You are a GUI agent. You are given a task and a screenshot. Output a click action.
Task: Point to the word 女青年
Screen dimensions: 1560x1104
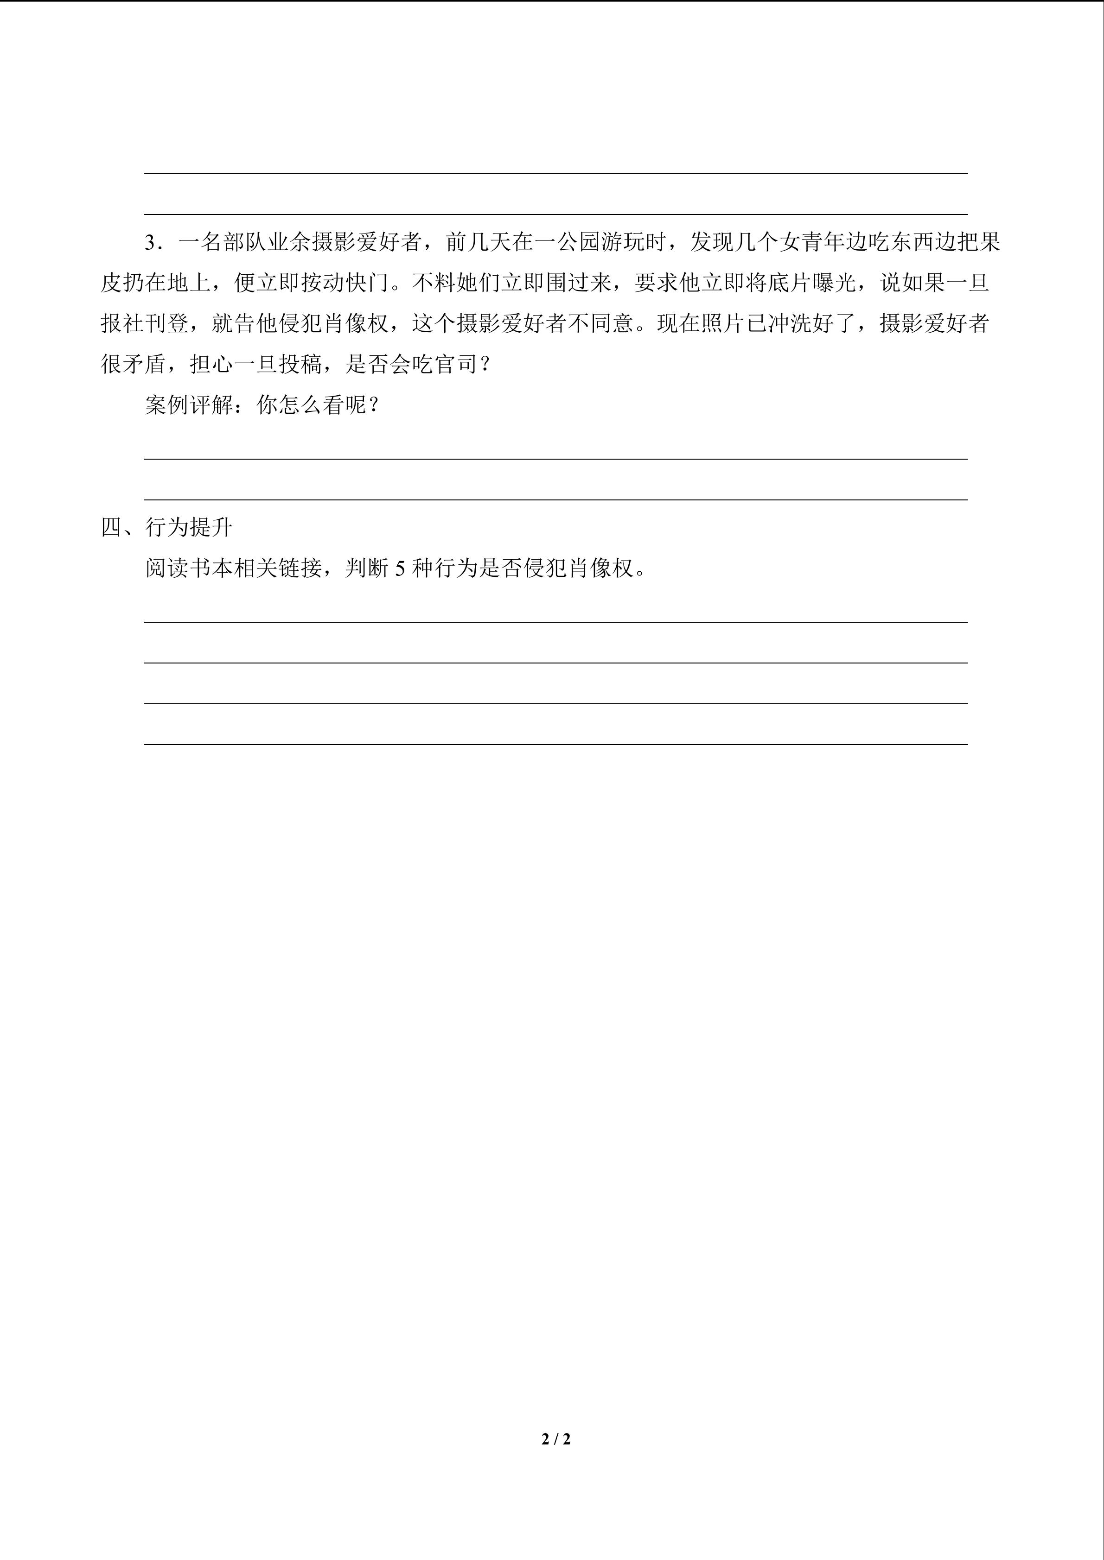pyautogui.click(x=812, y=243)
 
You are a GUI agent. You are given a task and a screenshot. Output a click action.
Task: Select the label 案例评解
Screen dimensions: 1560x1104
pyautogui.click(x=189, y=405)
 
